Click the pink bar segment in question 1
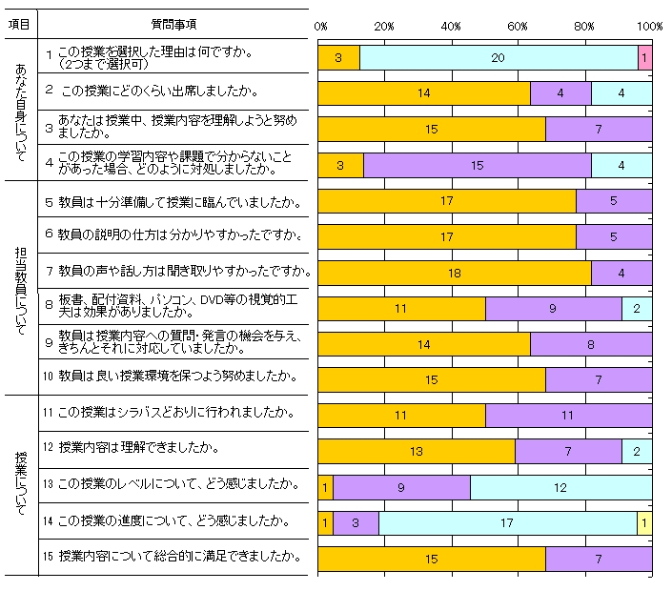[644, 58]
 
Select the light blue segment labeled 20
[499, 58]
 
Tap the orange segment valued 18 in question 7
[454, 273]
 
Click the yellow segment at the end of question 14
[644, 522]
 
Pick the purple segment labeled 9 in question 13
[401, 487]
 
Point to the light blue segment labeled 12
[560, 487]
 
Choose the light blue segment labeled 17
[507, 522]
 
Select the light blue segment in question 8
[637, 308]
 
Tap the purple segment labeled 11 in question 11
[568, 416]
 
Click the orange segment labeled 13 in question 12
[416, 451]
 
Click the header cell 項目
[19, 23]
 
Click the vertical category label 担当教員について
[20, 287]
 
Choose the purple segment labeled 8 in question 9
[591, 344]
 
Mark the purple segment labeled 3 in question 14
[356, 522]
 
